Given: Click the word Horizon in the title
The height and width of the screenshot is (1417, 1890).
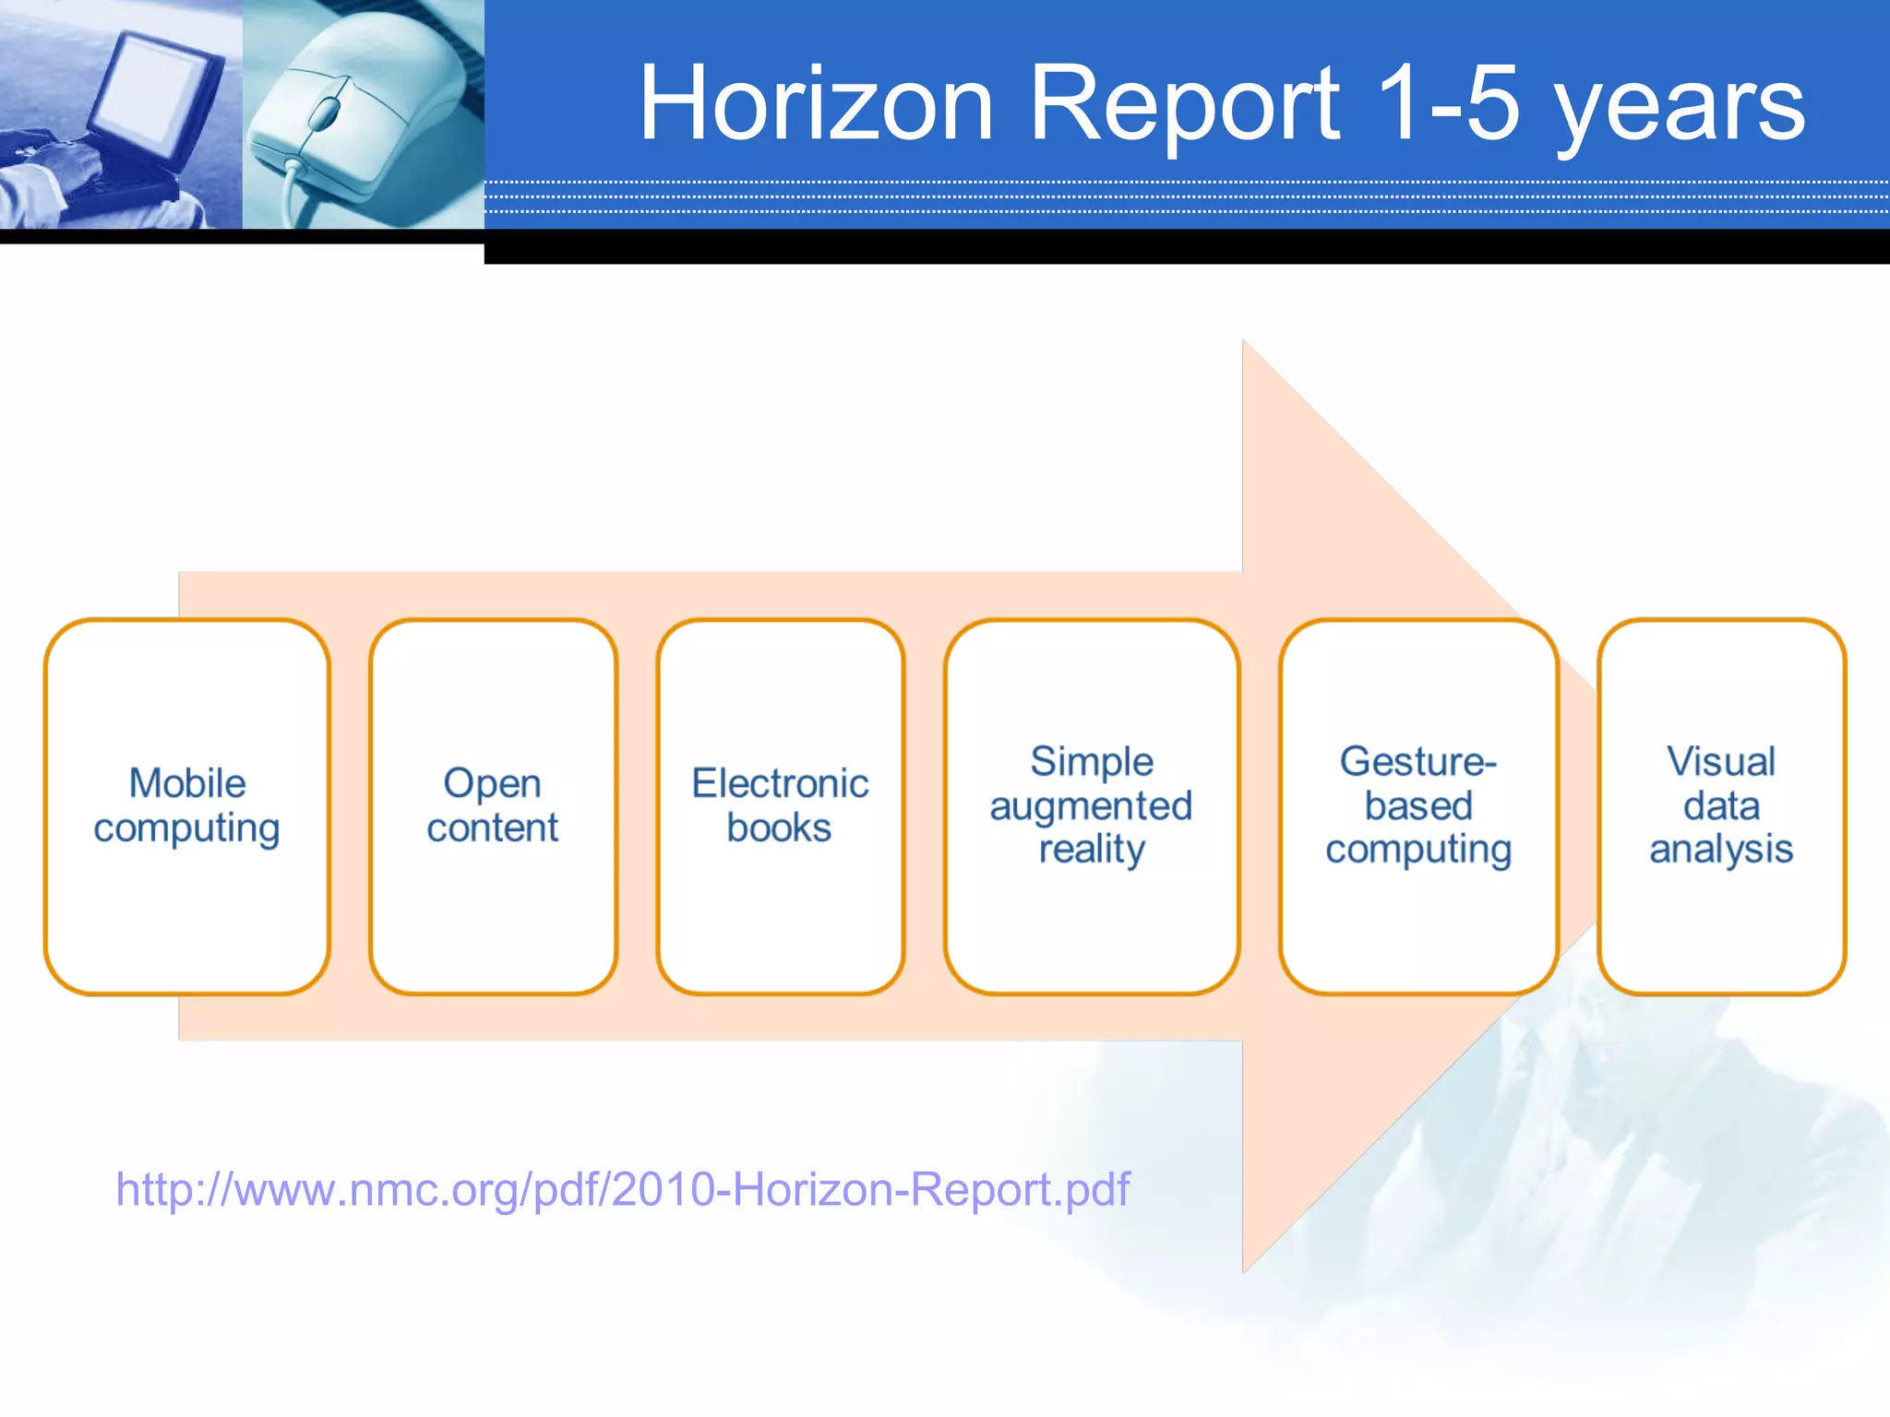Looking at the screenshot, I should [x=816, y=103].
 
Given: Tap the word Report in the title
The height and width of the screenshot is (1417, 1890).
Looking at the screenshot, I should [x=1184, y=103].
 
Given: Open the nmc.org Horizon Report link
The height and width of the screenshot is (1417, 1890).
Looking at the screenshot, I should [x=622, y=1189].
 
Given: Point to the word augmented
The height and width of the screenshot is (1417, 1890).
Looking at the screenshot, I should [x=1092, y=806].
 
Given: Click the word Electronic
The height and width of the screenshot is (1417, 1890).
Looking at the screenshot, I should [x=780, y=783].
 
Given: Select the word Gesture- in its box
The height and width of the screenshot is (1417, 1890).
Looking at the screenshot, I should [x=1417, y=762].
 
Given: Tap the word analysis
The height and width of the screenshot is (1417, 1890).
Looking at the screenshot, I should [x=1721, y=849].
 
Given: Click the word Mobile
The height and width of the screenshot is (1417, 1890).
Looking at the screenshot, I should [x=187, y=783].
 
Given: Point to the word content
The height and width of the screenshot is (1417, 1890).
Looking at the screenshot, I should [x=493, y=828].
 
